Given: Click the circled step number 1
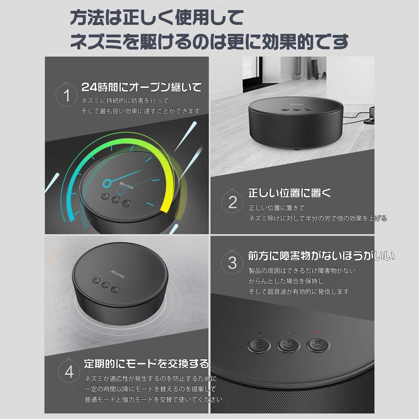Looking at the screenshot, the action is click(67, 95).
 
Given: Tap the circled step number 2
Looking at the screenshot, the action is click(233, 202).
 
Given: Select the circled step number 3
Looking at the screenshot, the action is click(232, 263).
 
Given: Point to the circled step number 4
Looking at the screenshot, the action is click(69, 372).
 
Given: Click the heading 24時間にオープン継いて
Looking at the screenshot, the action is click(141, 87).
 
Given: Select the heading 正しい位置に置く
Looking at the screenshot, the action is click(289, 193).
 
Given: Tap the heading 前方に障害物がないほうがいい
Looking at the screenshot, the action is click(321, 256).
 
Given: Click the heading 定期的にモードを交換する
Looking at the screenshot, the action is click(146, 363).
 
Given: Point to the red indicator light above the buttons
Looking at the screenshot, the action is click(317, 333).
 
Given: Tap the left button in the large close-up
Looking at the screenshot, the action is click(259, 345).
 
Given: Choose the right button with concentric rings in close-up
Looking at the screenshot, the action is click(318, 345).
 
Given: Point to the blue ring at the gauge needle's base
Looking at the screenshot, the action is click(106, 183).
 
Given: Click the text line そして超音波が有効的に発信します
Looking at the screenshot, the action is click(299, 292).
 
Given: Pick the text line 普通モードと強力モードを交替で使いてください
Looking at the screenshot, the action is click(153, 399).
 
